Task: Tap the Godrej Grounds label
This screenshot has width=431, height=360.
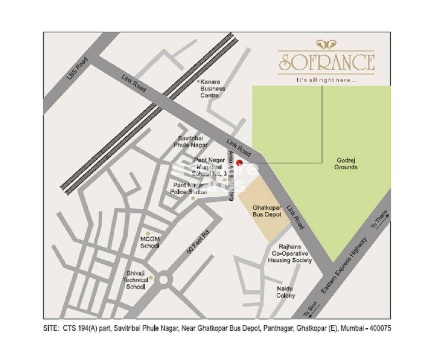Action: point(346,164)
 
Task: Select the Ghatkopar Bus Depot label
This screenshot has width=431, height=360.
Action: point(267,211)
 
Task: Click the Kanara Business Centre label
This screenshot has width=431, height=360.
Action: point(212,88)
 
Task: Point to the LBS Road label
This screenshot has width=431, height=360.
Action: point(78,68)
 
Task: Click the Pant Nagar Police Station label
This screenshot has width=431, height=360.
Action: point(188,188)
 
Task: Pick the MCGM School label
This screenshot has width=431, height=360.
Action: point(150,242)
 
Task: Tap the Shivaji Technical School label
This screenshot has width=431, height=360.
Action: point(137,279)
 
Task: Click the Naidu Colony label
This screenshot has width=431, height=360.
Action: point(286,292)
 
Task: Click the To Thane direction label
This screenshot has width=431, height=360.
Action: point(380,220)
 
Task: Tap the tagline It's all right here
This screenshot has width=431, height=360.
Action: point(326,80)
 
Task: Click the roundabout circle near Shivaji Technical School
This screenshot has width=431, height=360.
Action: point(163,280)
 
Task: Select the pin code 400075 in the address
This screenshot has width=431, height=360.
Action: point(379,328)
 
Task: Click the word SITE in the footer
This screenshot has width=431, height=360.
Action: point(51,328)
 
